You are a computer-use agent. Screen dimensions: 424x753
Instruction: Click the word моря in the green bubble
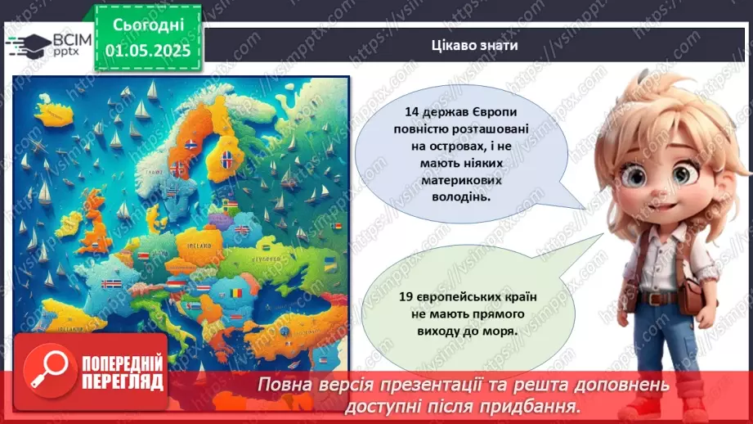(499, 332)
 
